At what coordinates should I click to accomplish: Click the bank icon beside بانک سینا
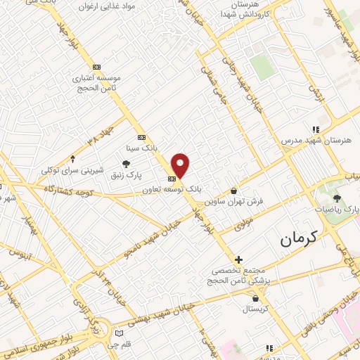141,137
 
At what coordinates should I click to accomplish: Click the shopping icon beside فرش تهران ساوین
234,191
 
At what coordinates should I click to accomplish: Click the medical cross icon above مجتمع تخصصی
238,260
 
